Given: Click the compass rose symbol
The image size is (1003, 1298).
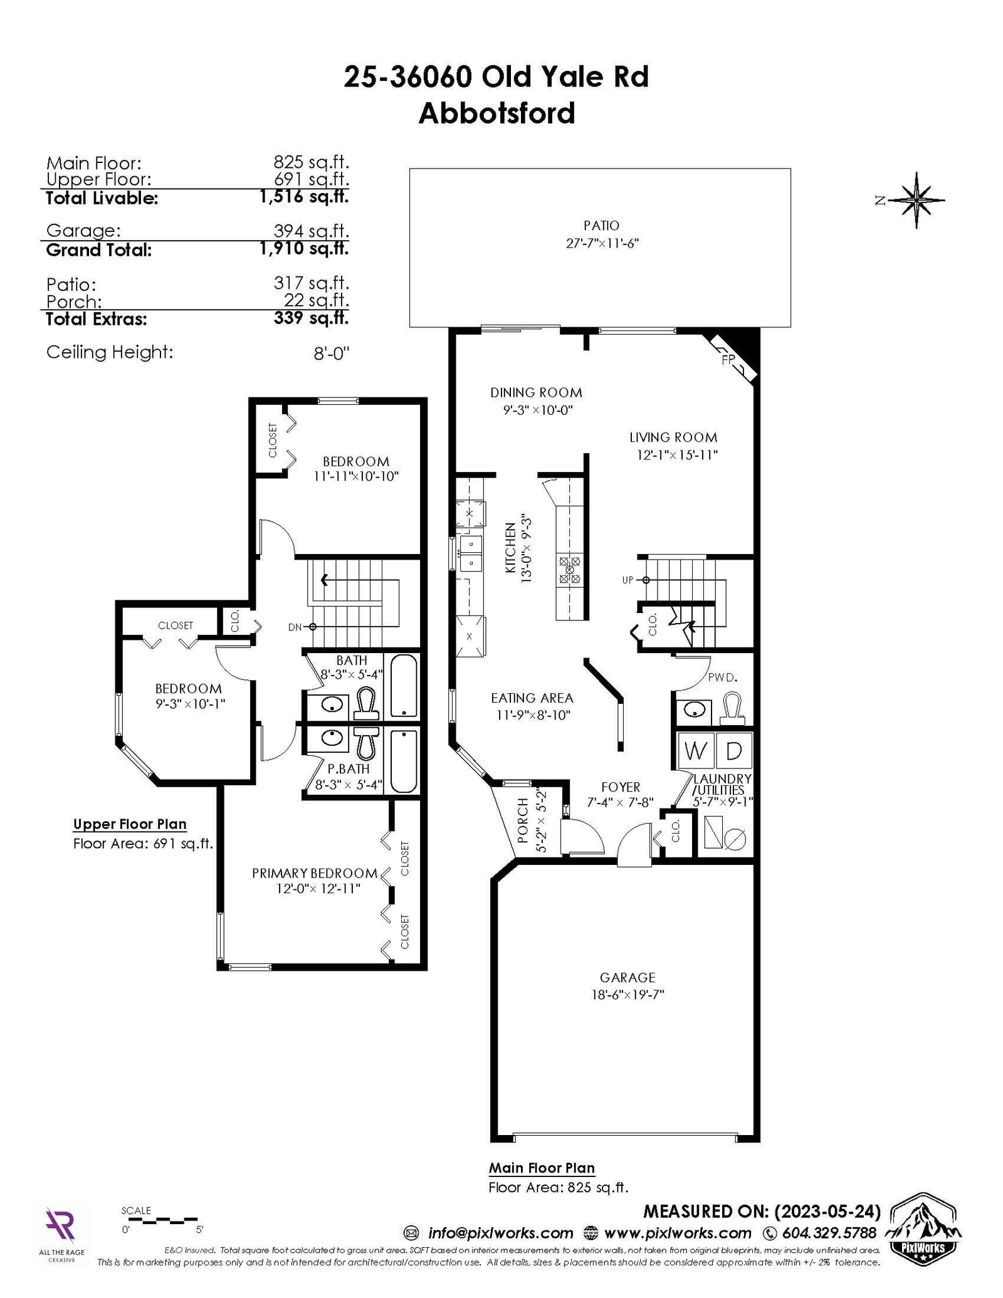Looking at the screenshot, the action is [x=916, y=200].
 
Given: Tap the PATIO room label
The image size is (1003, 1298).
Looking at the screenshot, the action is [x=601, y=226].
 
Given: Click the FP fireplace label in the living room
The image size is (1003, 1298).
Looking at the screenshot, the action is [x=728, y=360].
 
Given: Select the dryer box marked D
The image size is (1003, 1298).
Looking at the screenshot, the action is [x=733, y=750].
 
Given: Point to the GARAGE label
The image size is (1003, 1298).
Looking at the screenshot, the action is [x=628, y=977].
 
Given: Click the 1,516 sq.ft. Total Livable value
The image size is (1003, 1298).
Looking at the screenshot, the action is [x=304, y=197].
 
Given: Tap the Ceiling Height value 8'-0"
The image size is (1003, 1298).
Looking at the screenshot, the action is [x=331, y=353].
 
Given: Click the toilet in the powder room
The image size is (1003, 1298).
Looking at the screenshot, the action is [x=732, y=706].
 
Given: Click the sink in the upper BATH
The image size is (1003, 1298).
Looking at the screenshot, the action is [x=332, y=704].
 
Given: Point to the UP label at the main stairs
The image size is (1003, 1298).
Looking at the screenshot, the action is [x=628, y=580].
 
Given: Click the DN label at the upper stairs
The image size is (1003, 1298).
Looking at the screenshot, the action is [x=295, y=627].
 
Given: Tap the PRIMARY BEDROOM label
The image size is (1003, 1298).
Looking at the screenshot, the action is [x=315, y=873].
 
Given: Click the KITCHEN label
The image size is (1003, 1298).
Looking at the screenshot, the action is [x=511, y=549].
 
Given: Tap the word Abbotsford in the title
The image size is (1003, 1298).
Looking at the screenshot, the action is [x=496, y=113].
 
